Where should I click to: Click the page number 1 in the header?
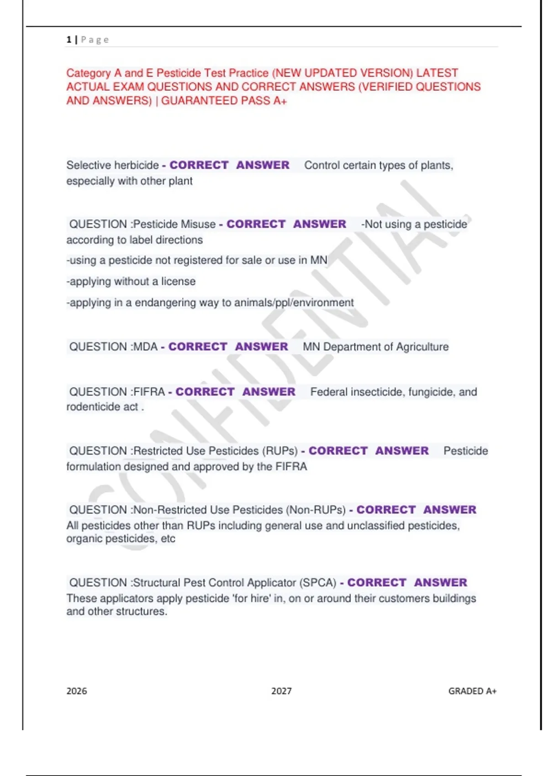click(69, 40)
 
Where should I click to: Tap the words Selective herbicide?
click(112, 165)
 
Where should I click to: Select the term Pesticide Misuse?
click(174, 224)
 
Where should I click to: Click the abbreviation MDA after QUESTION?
click(145, 347)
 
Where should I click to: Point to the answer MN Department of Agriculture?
click(375, 347)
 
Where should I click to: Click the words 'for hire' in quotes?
click(252, 598)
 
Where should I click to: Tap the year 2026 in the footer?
click(77, 691)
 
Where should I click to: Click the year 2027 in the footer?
click(281, 691)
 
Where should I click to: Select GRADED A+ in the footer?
click(472, 691)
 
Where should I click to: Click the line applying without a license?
click(132, 282)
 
